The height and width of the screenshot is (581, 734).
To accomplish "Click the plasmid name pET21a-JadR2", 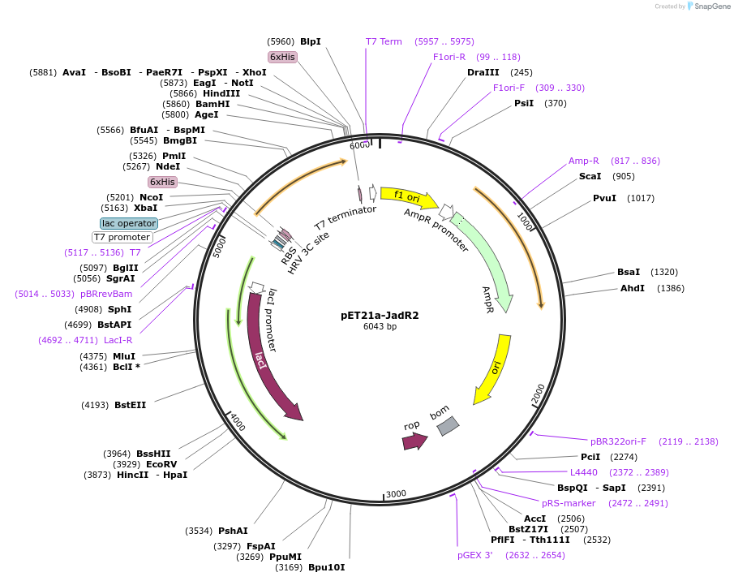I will click(380, 316).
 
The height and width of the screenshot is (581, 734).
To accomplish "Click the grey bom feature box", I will click(448, 425).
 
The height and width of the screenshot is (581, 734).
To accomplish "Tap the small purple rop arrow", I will click(414, 441).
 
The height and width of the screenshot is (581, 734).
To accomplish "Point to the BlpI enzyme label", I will click(311, 41).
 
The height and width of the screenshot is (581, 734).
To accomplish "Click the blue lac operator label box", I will click(129, 223).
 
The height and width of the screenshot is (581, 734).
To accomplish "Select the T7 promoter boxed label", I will click(122, 237).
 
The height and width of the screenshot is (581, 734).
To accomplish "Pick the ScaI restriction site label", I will click(590, 176).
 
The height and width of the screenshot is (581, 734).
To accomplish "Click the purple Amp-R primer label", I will click(583, 161).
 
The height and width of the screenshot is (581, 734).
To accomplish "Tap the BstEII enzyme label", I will click(130, 405).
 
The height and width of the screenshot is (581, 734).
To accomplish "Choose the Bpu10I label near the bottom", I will click(326, 567).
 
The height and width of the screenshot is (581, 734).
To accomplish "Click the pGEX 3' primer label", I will click(474, 555).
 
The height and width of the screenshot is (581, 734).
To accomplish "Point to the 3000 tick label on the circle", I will click(396, 493).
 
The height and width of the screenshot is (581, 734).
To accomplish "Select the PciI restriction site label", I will click(590, 457).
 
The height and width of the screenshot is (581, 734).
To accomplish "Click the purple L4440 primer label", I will click(583, 472).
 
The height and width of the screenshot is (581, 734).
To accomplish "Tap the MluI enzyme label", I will click(124, 356).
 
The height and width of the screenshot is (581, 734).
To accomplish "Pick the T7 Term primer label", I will click(384, 41).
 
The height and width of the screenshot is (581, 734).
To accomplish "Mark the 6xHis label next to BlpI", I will click(283, 57).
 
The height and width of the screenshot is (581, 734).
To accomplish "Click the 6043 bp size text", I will click(380, 327).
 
